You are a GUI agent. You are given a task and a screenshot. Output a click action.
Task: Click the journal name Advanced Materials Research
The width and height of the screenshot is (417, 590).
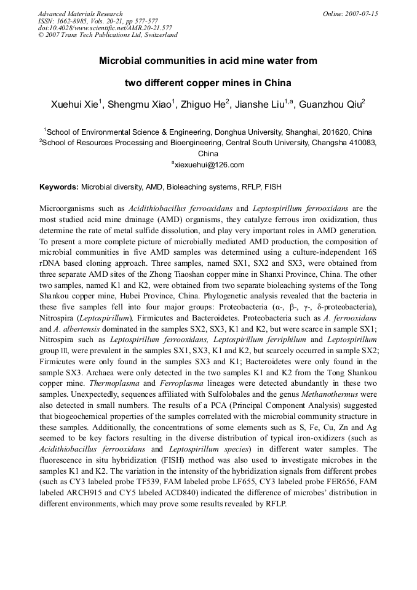click(80, 14)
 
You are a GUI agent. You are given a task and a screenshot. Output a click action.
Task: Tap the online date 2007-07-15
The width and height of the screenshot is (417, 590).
click(359, 14)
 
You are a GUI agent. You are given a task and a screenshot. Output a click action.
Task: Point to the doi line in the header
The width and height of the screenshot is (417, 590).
click(105, 28)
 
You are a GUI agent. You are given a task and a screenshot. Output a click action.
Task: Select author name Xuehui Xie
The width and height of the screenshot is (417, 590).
click(74, 105)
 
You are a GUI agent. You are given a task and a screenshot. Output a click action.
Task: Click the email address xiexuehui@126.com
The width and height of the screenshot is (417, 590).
click(209, 165)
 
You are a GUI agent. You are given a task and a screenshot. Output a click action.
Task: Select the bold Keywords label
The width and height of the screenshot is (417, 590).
click(59, 186)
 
